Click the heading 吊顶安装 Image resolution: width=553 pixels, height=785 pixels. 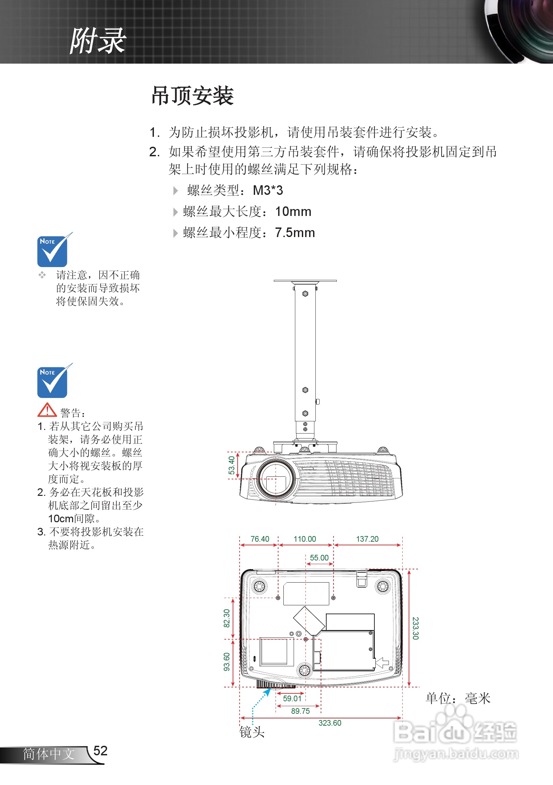coord(192,96)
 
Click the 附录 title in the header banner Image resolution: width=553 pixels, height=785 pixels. coord(98,41)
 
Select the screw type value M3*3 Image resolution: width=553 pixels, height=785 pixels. coord(268,191)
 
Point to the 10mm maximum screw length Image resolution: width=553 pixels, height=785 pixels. coord(293,212)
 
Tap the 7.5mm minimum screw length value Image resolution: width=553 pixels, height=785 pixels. coord(295,233)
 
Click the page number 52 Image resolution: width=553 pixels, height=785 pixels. coord(101,750)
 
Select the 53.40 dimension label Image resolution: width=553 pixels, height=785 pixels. coord(232,465)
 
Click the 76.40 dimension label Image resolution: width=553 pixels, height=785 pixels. coord(260,539)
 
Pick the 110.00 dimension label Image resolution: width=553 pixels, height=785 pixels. coord(305,539)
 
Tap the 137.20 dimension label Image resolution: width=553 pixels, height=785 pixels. coord(367,539)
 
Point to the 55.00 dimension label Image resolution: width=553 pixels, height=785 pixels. coord(319,558)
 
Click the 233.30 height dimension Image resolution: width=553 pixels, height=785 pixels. coord(415,628)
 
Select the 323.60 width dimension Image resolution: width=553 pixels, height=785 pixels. coord(330,723)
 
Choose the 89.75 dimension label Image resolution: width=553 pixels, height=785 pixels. coord(300,711)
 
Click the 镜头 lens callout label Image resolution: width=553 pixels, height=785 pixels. coord(252,732)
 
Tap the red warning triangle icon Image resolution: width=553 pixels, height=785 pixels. coord(47,410)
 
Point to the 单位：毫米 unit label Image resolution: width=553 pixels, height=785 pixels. coord(458,698)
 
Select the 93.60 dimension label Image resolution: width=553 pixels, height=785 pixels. coord(227,662)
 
